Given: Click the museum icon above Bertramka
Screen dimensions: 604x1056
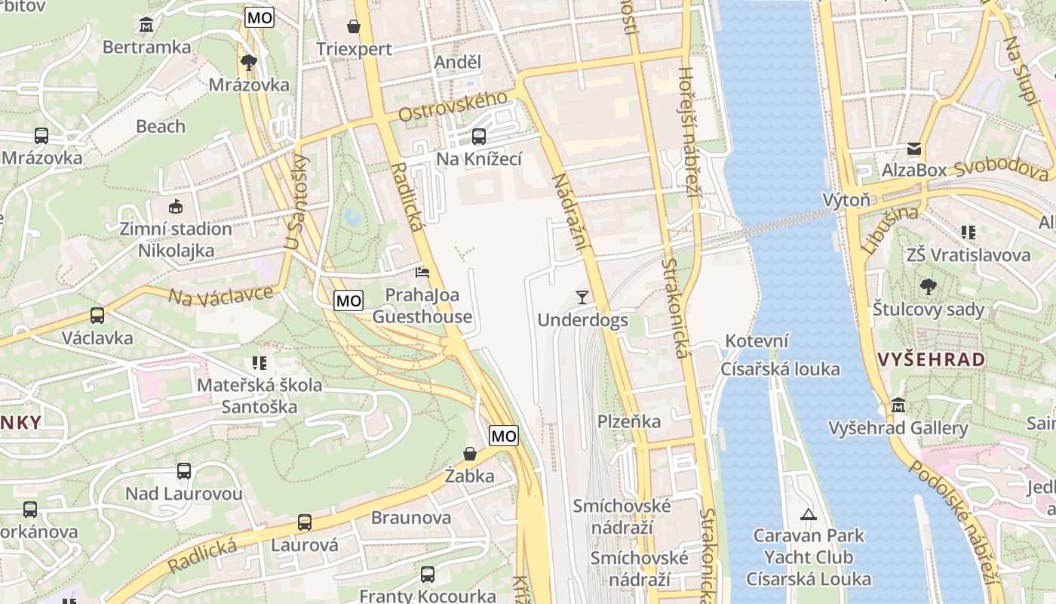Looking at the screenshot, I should pyautogui.click(x=146, y=25).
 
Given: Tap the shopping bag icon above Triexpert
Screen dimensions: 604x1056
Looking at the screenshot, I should pyautogui.click(x=353, y=27).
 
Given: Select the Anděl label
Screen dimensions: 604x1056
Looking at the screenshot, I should pyautogui.click(x=457, y=62).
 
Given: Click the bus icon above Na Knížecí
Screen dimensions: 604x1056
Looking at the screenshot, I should pyautogui.click(x=478, y=137).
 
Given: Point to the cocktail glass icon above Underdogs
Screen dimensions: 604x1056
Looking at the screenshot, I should pyautogui.click(x=582, y=297).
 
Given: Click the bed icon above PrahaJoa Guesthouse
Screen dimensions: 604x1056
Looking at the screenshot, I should pyautogui.click(x=422, y=272).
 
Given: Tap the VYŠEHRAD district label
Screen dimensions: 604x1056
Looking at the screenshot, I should pyautogui.click(x=932, y=359).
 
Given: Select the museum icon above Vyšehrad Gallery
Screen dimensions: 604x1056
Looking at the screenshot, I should pyautogui.click(x=898, y=406).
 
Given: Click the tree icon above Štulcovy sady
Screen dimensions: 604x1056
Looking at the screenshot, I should pyautogui.click(x=928, y=287).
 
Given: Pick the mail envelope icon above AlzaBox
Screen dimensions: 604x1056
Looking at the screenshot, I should pyautogui.click(x=914, y=149).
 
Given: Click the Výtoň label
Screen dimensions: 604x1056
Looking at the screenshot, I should pyautogui.click(x=846, y=200).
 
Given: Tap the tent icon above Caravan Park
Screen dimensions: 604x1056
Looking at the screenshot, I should pyautogui.click(x=809, y=514).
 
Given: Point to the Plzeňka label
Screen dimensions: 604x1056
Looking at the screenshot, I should pyautogui.click(x=629, y=421).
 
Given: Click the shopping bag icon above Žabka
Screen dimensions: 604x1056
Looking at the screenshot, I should pyautogui.click(x=469, y=454).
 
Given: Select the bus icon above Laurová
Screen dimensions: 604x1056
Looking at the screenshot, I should pyautogui.click(x=305, y=522).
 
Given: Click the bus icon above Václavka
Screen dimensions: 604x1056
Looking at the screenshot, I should pyautogui.click(x=97, y=316).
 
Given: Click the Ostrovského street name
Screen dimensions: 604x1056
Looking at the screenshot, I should pyautogui.click(x=453, y=106).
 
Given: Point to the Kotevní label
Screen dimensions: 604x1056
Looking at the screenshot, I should pyautogui.click(x=757, y=341).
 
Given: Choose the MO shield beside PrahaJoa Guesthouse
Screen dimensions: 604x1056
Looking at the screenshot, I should pyautogui.click(x=348, y=300).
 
